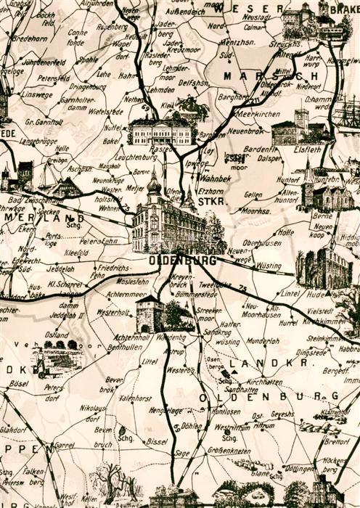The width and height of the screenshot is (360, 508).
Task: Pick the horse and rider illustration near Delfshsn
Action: coord(189,107)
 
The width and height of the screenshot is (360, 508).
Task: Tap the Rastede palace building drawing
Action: coord(161,133)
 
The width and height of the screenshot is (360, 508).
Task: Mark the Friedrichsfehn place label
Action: coord(112,271)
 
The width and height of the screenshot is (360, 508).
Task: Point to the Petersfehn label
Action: coord(99,240)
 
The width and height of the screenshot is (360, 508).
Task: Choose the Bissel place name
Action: coord(156,441)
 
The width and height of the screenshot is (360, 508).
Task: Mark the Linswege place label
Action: coord(38,94)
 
